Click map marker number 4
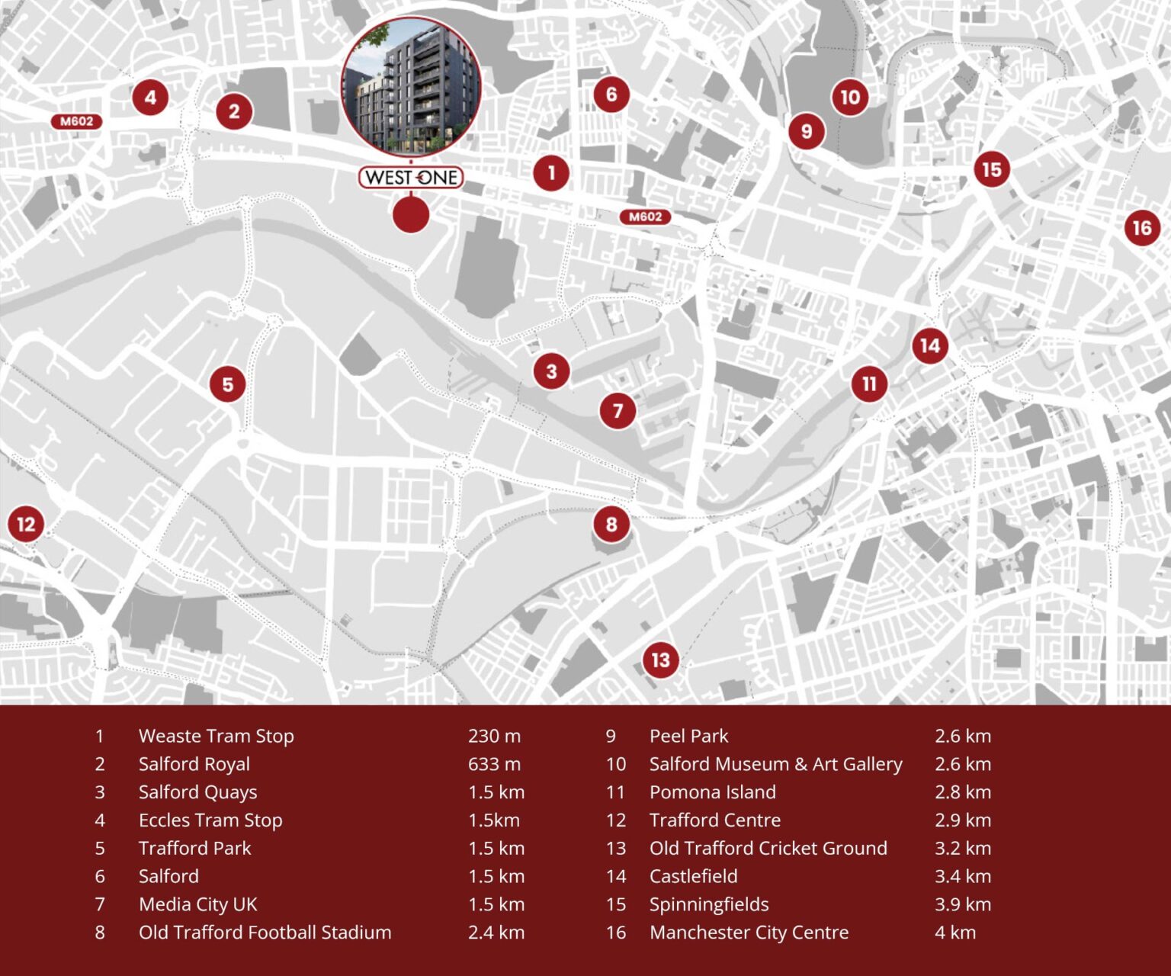[x=150, y=98]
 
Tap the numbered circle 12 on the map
[x=26, y=524]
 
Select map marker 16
[x=1141, y=227]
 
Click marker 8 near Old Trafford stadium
[x=611, y=524]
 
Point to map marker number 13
[x=660, y=660]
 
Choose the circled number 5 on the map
[x=228, y=384]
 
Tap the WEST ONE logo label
[x=411, y=178]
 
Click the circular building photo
[x=411, y=86]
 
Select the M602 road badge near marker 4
[x=77, y=121]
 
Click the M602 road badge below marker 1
[x=645, y=217]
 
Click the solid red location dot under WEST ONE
[x=411, y=214]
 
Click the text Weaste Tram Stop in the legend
[x=216, y=736]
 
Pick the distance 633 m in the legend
[x=494, y=764]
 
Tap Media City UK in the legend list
[x=198, y=904]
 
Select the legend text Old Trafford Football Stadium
[x=265, y=933]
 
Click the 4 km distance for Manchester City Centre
[x=955, y=933]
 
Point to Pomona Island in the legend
[x=712, y=792]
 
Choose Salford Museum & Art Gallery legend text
[x=775, y=764]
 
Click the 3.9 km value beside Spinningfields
[x=963, y=904]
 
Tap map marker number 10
[x=850, y=97]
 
